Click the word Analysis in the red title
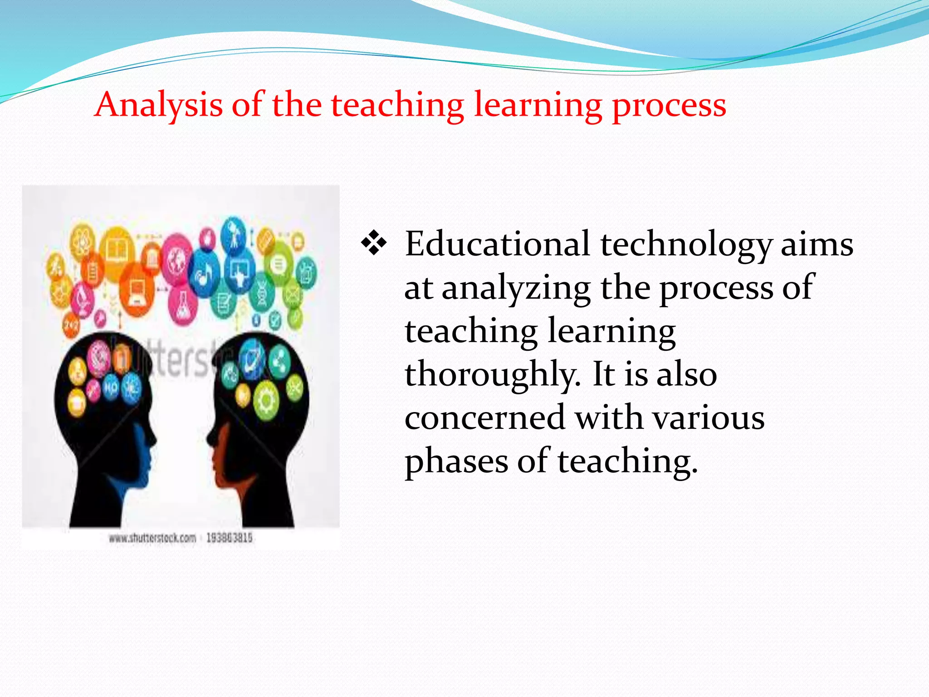[158, 105]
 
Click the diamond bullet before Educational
[374, 243]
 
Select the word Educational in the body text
[497, 244]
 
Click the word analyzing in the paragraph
[516, 288]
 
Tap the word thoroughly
[492, 375]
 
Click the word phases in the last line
[456, 461]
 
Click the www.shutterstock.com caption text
[152, 538]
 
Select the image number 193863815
[229, 538]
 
